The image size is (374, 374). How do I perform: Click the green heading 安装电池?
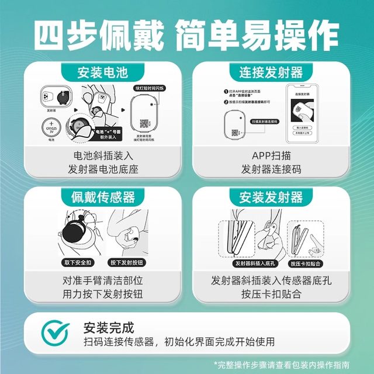[x=102, y=72]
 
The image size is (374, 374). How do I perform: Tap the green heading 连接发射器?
[x=271, y=72]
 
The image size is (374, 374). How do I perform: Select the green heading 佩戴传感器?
[x=102, y=196]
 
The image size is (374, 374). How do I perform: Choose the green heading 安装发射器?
[x=271, y=196]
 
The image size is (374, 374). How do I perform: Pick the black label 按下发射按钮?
[x=127, y=263]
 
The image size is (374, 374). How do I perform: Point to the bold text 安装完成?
[x=109, y=327]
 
